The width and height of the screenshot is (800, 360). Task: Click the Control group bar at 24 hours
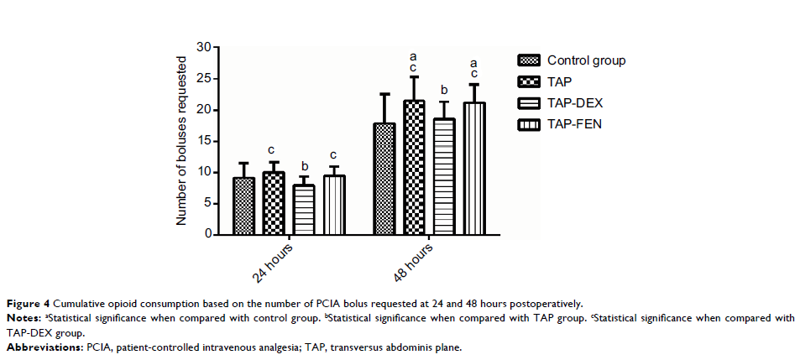click(x=243, y=206)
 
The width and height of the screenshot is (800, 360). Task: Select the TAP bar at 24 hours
click(x=274, y=204)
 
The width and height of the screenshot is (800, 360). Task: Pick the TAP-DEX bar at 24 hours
click(x=304, y=210)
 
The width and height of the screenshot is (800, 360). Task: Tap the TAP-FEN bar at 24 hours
click(x=333, y=206)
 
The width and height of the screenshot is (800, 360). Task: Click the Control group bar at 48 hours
click(x=384, y=180)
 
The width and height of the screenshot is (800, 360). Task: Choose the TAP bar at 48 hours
click(x=414, y=168)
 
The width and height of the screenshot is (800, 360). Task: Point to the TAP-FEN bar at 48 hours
click(x=473, y=169)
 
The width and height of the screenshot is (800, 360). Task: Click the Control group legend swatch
click(x=529, y=60)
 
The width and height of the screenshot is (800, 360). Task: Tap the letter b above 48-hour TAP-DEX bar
click(x=444, y=90)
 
